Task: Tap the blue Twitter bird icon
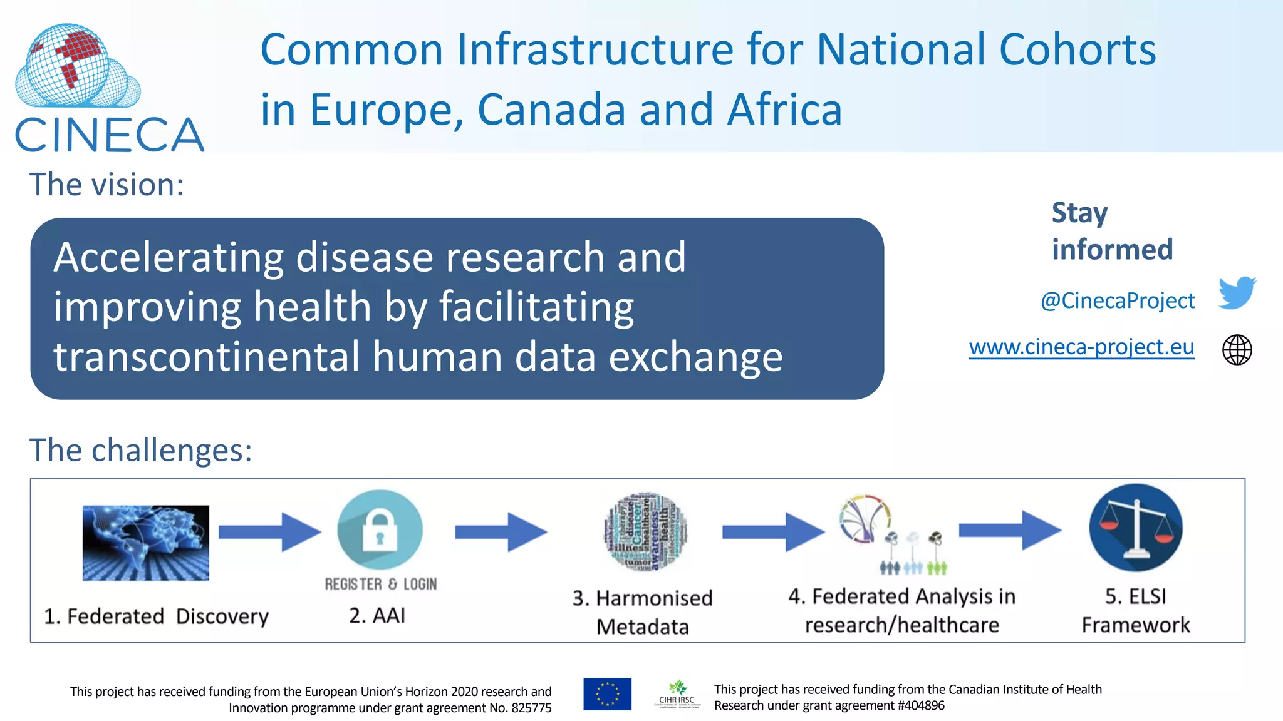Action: pyautogui.click(x=1237, y=292)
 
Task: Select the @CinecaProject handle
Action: pyautogui.click(x=1118, y=300)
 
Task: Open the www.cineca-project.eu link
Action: pyautogui.click(x=1081, y=347)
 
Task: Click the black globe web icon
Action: pyautogui.click(x=1237, y=350)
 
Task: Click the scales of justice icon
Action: pyautogui.click(x=1135, y=528)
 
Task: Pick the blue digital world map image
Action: pyautogui.click(x=146, y=543)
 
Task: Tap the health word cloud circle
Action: pyautogui.click(x=645, y=532)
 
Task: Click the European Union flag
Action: pyautogui.click(x=607, y=694)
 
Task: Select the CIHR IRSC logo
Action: pyautogui.click(x=677, y=694)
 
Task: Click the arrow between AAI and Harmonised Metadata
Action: pyautogui.click(x=501, y=532)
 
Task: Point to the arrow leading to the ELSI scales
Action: pyautogui.click(x=1009, y=530)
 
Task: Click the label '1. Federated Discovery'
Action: pyautogui.click(x=156, y=616)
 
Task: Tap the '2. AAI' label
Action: pyautogui.click(x=377, y=615)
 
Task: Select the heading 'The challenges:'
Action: pyautogui.click(x=141, y=450)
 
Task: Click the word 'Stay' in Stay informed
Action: pyautogui.click(x=1079, y=213)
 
